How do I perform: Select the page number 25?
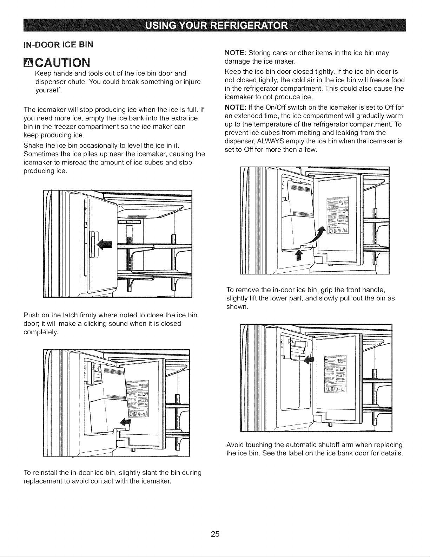[215, 534]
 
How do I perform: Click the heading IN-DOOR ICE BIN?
[58, 45]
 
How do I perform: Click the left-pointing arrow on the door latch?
[105, 244]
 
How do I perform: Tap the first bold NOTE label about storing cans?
[235, 53]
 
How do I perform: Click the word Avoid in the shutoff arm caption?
[235, 445]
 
